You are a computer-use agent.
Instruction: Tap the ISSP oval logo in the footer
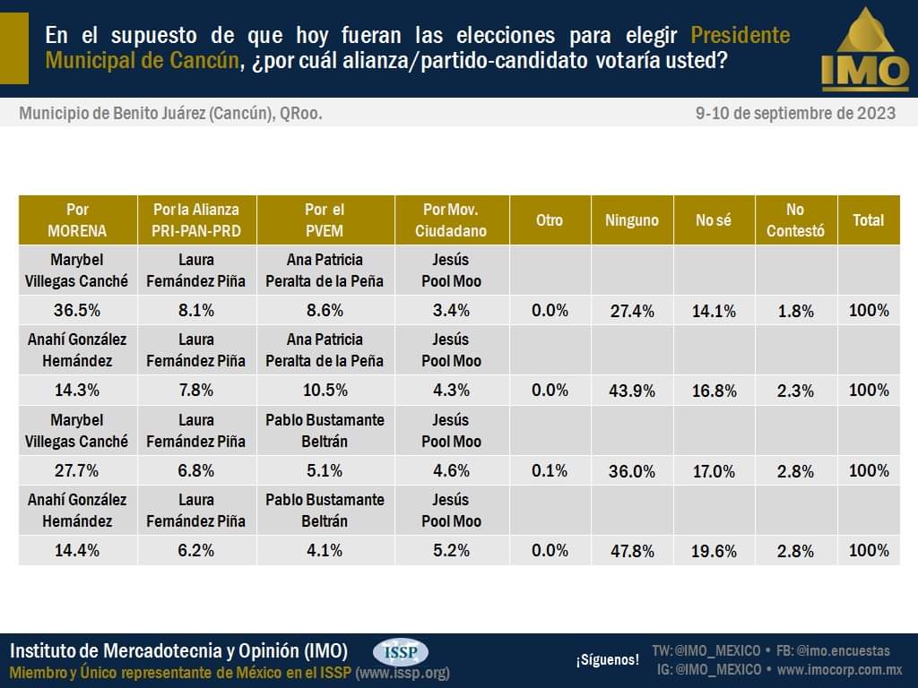tap(401, 652)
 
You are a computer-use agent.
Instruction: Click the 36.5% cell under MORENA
tap(77, 310)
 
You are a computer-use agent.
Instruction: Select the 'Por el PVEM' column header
tap(325, 219)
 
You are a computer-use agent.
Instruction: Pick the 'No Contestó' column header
tap(795, 219)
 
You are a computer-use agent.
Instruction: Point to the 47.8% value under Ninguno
tap(632, 551)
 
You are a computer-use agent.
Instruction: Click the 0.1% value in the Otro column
tap(550, 470)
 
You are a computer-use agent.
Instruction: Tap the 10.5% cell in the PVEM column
tap(325, 390)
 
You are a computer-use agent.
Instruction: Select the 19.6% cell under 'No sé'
tap(714, 551)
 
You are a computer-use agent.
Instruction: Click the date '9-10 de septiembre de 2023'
tap(795, 114)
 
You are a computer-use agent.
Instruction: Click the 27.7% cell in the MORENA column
tap(77, 470)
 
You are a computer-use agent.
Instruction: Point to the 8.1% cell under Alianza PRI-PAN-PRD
tap(196, 310)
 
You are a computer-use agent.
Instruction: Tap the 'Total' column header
tap(868, 219)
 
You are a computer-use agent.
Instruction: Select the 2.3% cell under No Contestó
tap(795, 391)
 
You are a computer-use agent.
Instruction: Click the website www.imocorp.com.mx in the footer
tap(839, 669)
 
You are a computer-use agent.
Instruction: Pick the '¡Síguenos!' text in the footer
tap(607, 660)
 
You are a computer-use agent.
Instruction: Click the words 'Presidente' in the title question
tap(740, 36)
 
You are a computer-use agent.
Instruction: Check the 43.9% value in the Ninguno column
tap(632, 391)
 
